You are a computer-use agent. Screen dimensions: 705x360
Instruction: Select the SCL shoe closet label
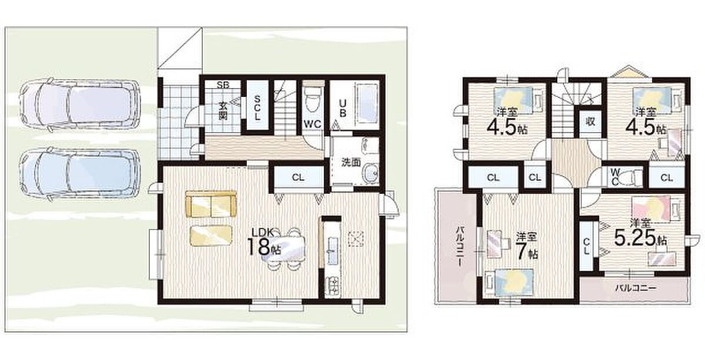257,108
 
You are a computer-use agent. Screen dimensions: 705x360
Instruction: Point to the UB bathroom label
343,108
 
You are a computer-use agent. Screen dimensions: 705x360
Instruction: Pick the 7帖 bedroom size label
526,247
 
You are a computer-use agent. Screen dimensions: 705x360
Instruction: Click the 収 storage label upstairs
590,122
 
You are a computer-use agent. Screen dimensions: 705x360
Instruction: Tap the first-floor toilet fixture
313,97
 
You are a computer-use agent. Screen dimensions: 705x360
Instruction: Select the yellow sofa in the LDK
211,204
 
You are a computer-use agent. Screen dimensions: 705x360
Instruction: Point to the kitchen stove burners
333,285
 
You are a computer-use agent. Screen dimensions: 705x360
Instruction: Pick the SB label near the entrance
223,85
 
